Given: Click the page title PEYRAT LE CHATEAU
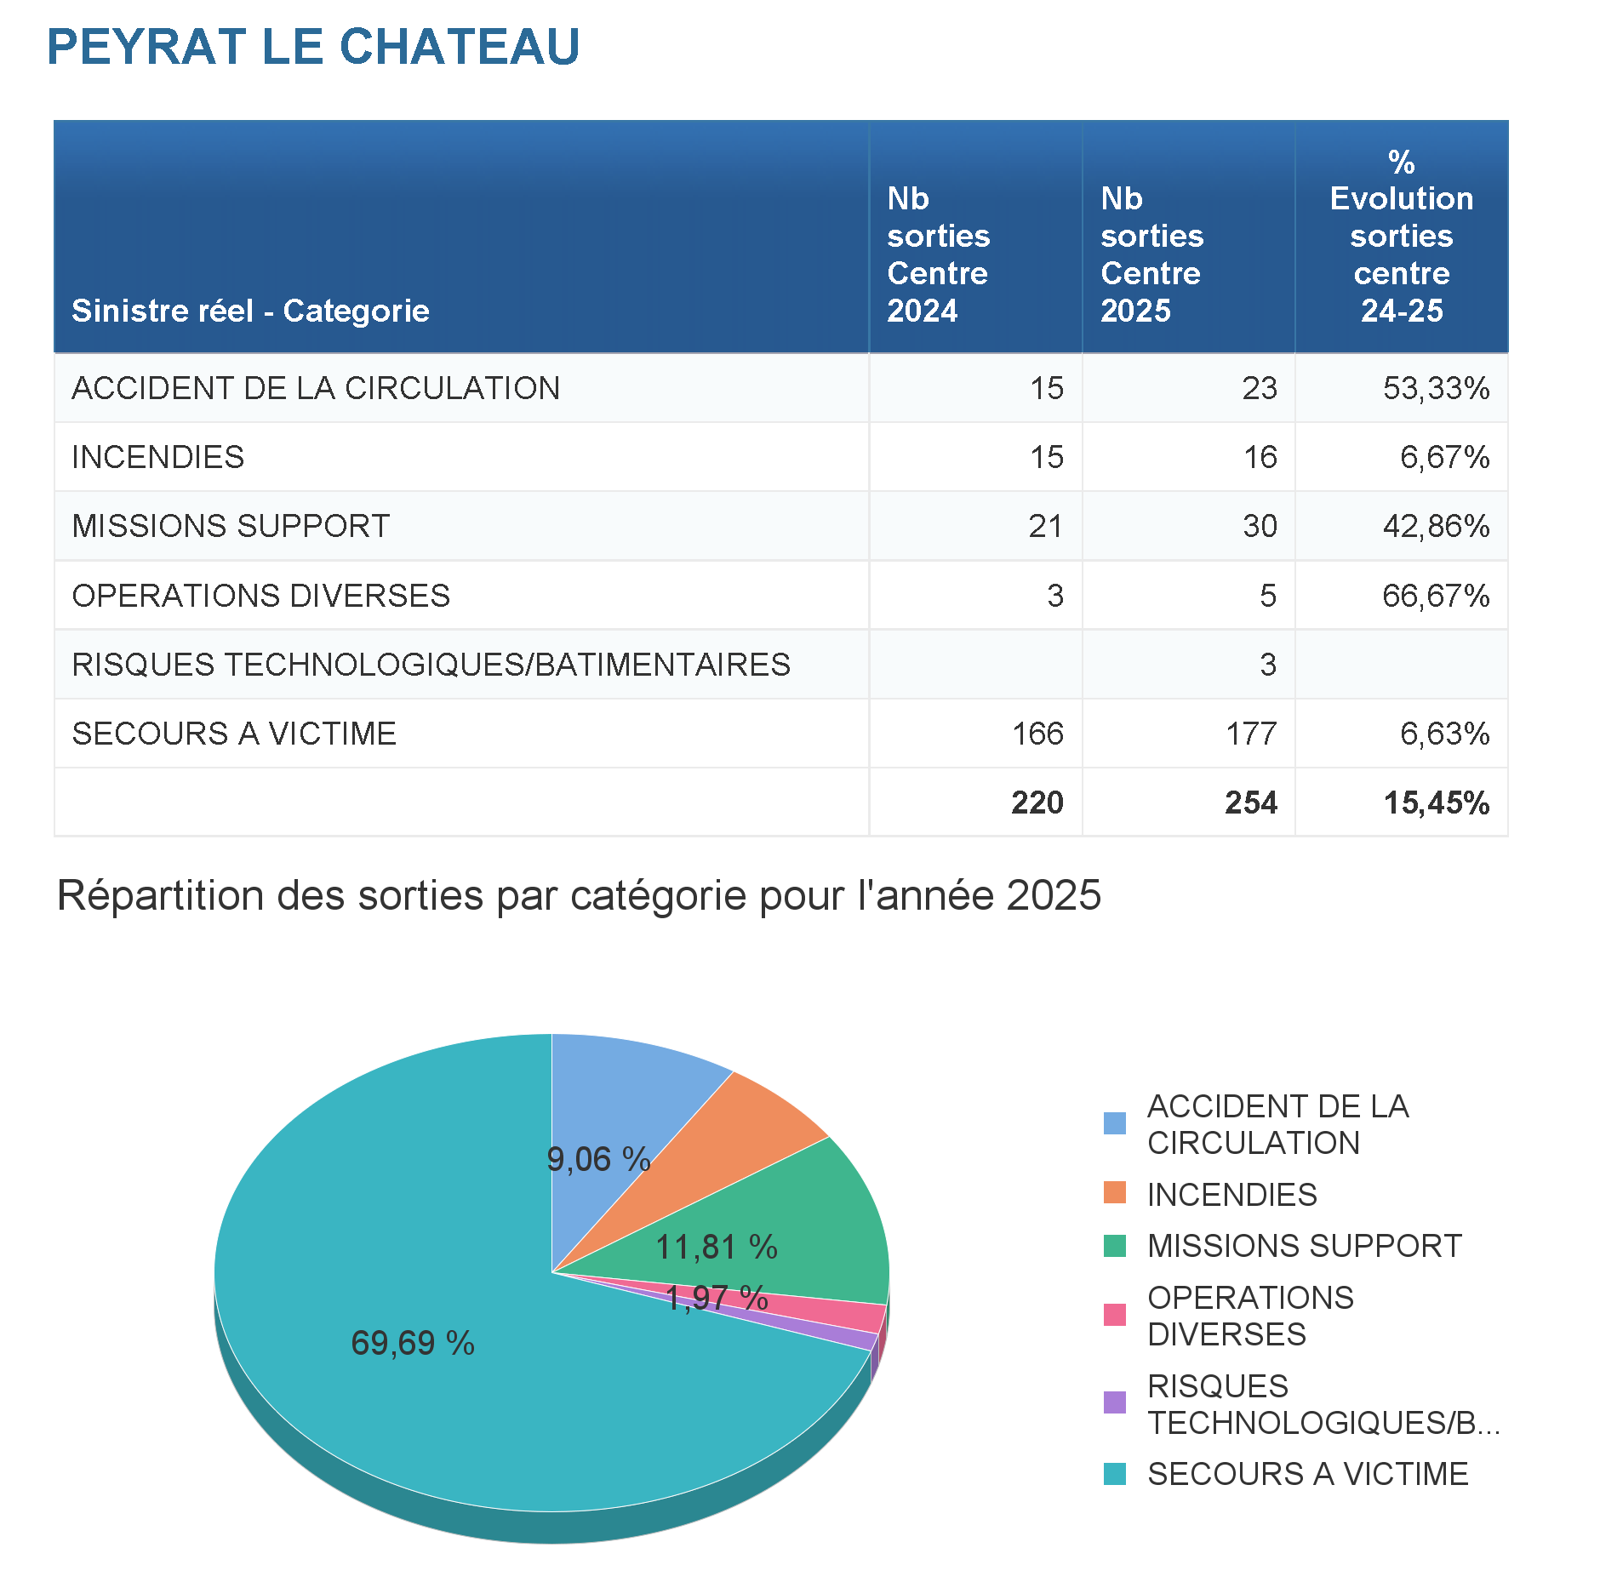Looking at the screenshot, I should pyautogui.click(x=313, y=47).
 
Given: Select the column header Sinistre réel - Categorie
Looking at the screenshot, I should pyautogui.click(x=250, y=311).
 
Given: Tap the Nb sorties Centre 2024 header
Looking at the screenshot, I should pyautogui.click(x=938, y=254).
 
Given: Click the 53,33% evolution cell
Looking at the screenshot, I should pyautogui.click(x=1436, y=388).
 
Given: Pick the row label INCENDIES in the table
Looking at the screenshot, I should pyautogui.click(x=158, y=457).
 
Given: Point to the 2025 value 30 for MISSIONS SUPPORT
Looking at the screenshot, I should pyautogui.click(x=1260, y=526).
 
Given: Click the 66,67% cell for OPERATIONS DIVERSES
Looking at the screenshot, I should pyautogui.click(x=1436, y=596).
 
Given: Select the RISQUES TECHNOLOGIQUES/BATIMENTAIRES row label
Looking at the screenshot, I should pyautogui.click(x=431, y=665).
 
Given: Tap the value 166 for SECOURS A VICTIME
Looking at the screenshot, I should pyautogui.click(x=1037, y=734).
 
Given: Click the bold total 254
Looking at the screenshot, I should pyautogui.click(x=1250, y=802).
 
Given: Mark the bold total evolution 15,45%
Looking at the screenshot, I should pyautogui.click(x=1436, y=802).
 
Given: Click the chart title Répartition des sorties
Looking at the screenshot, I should pyautogui.click(x=579, y=895).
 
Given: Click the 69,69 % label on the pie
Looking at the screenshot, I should pyautogui.click(x=413, y=1343).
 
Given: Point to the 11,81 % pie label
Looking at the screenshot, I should pyautogui.click(x=717, y=1248).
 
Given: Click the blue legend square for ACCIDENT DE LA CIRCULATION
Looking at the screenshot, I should pyautogui.click(x=1114, y=1123).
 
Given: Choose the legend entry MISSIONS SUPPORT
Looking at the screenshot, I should pyautogui.click(x=1304, y=1246).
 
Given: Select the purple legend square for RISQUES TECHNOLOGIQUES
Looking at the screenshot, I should pyautogui.click(x=1114, y=1402).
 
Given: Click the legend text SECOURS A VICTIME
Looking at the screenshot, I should pyautogui.click(x=1307, y=1474).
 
